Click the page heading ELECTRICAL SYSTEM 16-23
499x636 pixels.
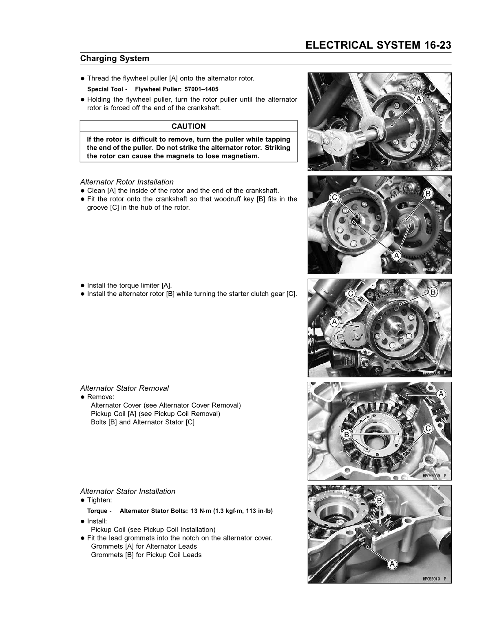coord(378,45)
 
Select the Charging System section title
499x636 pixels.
coord(115,58)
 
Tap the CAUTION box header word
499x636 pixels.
coord(188,126)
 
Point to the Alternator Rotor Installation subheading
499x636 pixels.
coord(127,182)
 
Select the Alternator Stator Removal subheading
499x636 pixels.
coord(124,388)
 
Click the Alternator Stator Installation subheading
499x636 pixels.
coord(128,491)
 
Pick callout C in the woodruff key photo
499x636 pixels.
coord(334,197)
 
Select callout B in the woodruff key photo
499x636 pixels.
coord(428,194)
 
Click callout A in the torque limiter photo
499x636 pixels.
coord(334,322)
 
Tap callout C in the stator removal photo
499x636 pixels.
coord(428,428)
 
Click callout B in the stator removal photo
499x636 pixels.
coord(346,434)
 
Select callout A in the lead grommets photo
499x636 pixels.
coord(392,564)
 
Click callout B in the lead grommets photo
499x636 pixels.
coord(379,501)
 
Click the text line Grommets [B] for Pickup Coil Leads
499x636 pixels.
coord(146,555)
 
